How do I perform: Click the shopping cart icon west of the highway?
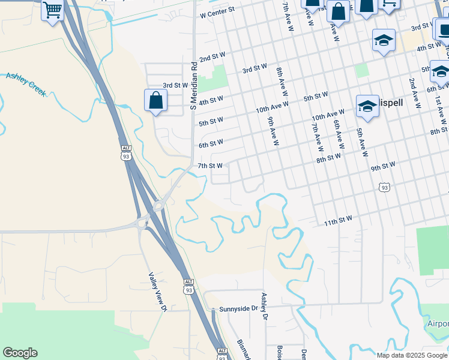pyautogui.click(x=53, y=10)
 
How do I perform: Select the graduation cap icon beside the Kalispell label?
pyautogui.click(x=367, y=107)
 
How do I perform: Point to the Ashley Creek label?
pyautogui.click(x=26, y=83)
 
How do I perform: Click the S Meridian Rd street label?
pyautogui.click(x=193, y=85)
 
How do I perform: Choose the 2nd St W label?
pyautogui.click(x=212, y=57)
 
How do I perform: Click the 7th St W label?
pyautogui.click(x=210, y=166)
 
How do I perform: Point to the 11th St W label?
pyautogui.click(x=338, y=222)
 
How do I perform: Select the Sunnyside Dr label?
pyautogui.click(x=238, y=308)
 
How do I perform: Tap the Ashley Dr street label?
pyautogui.click(x=264, y=307)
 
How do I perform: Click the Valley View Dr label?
pyautogui.click(x=157, y=292)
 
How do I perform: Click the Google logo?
pyautogui.click(x=20, y=353)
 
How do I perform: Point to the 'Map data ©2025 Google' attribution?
pyautogui.click(x=412, y=355)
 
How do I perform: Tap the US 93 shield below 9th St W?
pyautogui.click(x=384, y=188)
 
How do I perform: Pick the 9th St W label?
pyautogui.click(x=383, y=165)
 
